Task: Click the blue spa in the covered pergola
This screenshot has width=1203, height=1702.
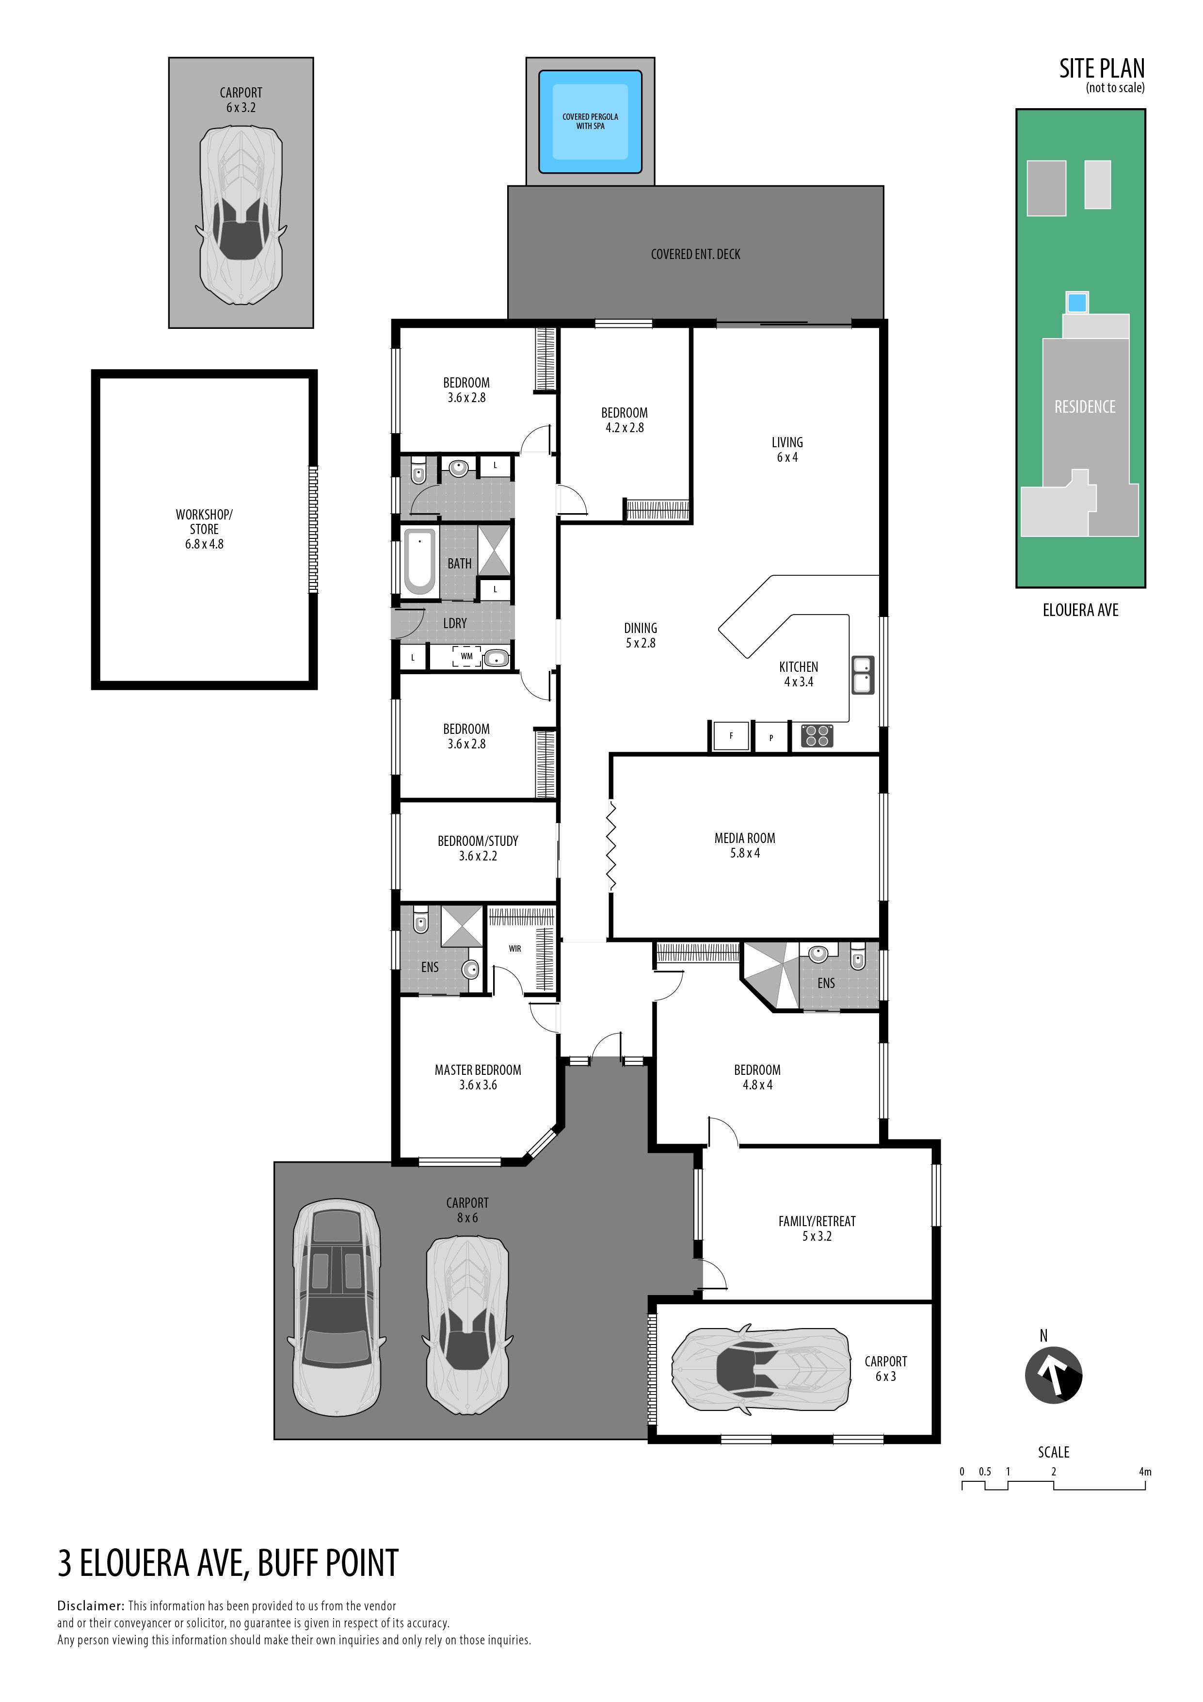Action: point(590,122)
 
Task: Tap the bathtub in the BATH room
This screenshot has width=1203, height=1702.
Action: point(419,561)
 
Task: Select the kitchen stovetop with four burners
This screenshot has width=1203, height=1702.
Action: point(817,735)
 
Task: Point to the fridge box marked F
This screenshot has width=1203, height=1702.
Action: point(732,736)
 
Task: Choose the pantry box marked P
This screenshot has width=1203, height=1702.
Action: point(771,738)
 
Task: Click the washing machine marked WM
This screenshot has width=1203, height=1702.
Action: point(466,657)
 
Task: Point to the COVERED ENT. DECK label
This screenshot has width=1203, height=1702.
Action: point(695,254)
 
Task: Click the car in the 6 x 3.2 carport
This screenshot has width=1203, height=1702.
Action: point(241,215)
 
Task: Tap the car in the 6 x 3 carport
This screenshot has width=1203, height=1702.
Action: point(760,1366)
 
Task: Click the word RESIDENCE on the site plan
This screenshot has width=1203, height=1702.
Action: point(1084,407)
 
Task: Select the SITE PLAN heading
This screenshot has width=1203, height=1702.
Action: point(1102,69)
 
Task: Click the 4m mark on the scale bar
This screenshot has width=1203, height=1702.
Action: point(1145,1472)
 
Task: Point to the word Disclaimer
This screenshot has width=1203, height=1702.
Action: point(90,1605)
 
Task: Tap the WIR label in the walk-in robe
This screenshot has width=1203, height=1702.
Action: point(515,948)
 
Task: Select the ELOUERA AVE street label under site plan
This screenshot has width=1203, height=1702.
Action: point(1080,610)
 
